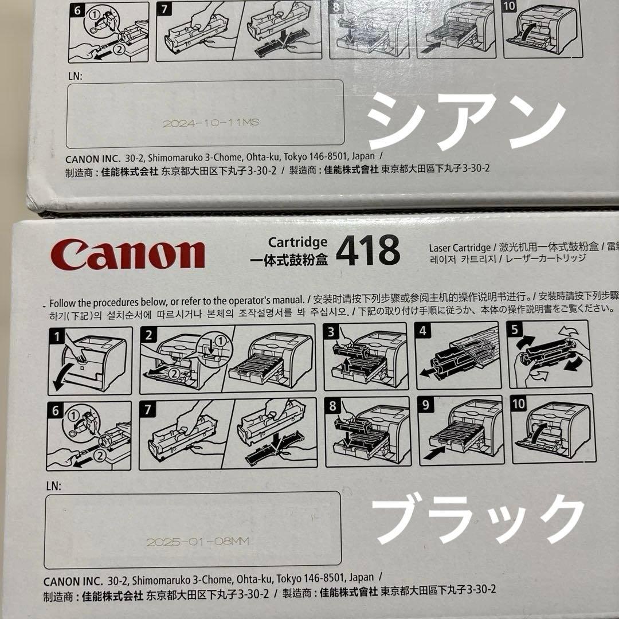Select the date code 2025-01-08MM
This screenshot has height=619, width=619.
coord(197,542)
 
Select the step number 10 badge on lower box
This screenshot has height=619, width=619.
coord(519,404)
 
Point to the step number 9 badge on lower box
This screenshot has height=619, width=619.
coord(426,405)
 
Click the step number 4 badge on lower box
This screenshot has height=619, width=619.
coord(423,331)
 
